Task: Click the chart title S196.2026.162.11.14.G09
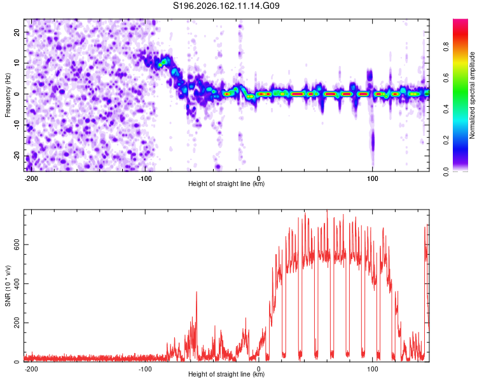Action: [226, 6]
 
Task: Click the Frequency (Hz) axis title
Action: [8, 95]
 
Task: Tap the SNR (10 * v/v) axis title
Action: [8, 286]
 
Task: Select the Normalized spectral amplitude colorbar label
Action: [472, 95]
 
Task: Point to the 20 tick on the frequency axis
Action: [17, 32]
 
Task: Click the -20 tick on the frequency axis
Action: [17, 156]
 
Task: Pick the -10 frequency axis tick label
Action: [17, 125]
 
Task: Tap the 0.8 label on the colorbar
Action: [446, 47]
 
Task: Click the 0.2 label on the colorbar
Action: [446, 140]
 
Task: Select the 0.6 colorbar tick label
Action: [446, 78]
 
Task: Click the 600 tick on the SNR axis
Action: [17, 244]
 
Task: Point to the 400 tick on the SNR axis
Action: [17, 283]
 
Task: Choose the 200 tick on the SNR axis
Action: [17, 323]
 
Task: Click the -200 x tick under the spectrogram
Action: [31, 178]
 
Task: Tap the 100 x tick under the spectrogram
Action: [372, 178]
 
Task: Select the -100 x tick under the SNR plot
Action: [145, 369]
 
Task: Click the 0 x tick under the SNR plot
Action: [259, 369]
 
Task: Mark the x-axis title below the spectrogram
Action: [226, 184]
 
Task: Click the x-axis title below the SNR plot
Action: [226, 374]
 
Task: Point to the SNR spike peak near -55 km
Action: [197, 291]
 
